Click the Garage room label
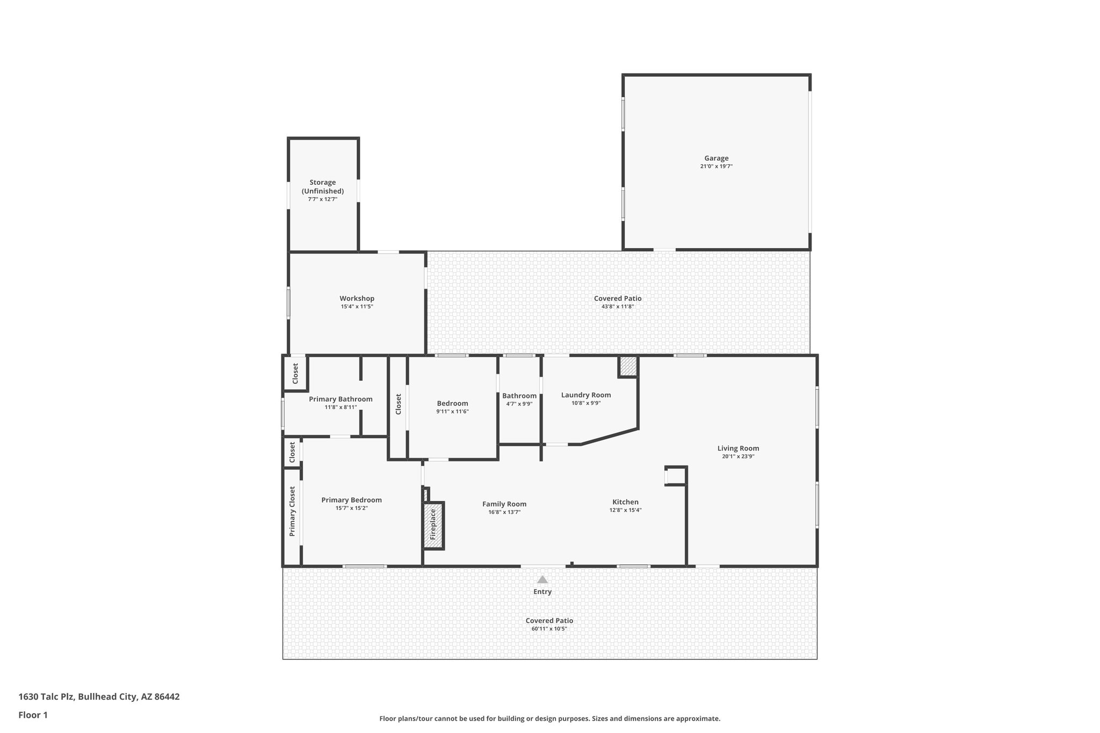[x=717, y=158]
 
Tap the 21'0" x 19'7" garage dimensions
[x=717, y=166]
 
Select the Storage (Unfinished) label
[x=322, y=187]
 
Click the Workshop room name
[x=357, y=299]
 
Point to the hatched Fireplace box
[x=433, y=525]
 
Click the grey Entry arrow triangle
[x=542, y=579]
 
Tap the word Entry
[x=542, y=592]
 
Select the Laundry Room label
[x=585, y=395]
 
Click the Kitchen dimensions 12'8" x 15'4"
[x=625, y=510]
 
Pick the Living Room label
[x=738, y=448]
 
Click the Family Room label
[x=504, y=504]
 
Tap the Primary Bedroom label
[x=351, y=500]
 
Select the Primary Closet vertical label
[x=292, y=511]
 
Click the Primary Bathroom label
[x=341, y=399]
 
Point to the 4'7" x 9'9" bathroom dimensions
[x=519, y=404]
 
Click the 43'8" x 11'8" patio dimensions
[x=618, y=307]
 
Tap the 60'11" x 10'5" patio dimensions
[x=549, y=629]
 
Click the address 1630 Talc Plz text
[x=99, y=697]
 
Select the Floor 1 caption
[x=33, y=715]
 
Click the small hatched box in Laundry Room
[x=628, y=367]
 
